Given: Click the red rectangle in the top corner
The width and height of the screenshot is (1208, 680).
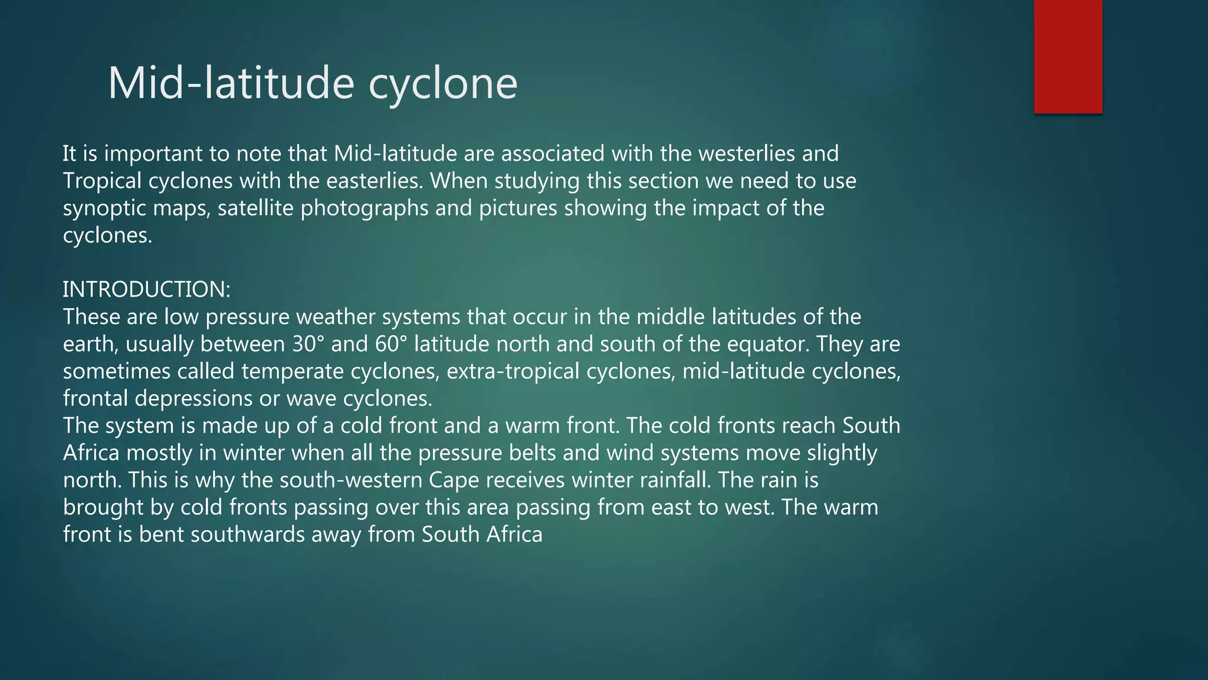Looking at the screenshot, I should pos(1068,56).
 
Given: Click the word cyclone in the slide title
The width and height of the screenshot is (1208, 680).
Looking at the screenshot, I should pos(443,83).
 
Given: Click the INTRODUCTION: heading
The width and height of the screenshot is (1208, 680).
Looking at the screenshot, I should pos(146,290).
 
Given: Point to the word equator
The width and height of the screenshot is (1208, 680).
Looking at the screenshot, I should pos(770,344).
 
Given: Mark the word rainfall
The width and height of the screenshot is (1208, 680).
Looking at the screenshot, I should pos(672,480).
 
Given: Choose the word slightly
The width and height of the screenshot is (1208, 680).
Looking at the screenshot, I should pos(842,453).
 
